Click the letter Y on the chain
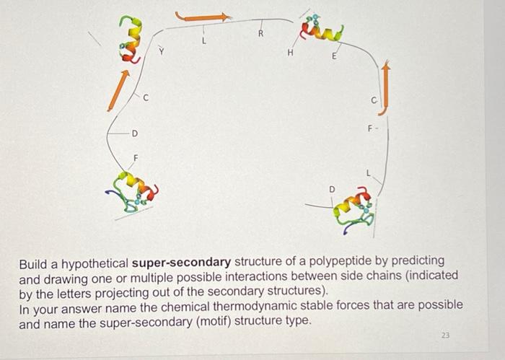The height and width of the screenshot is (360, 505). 162,51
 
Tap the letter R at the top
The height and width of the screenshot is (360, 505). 261,34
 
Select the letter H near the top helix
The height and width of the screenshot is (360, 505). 290,53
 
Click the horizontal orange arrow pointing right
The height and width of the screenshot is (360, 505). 203,15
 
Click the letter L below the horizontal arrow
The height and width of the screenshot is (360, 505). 204,42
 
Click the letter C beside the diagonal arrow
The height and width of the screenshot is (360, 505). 146,98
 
